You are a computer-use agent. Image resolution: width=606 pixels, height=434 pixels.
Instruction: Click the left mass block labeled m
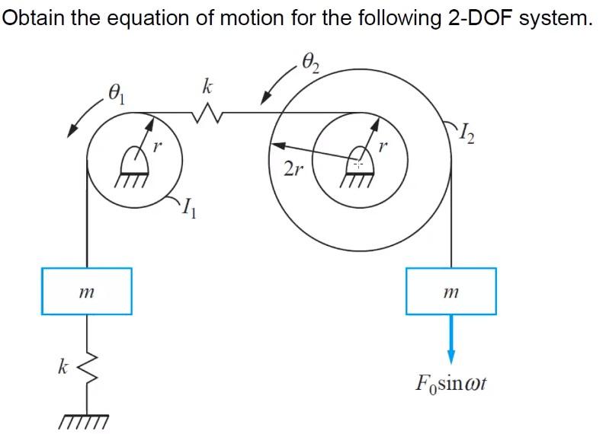tap(86, 290)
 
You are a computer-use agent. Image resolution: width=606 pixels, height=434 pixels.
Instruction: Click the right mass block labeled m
tap(450, 290)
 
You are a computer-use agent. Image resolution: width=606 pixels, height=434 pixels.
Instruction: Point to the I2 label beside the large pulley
tap(472, 138)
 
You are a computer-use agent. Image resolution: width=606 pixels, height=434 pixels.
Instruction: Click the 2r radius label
tap(291, 169)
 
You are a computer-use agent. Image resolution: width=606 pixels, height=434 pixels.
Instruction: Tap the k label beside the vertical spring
tap(63, 368)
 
